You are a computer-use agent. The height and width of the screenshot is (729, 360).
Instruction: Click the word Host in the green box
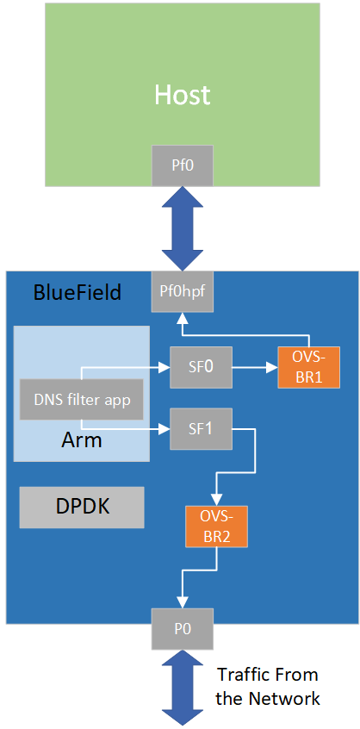pyautogui.click(x=182, y=94)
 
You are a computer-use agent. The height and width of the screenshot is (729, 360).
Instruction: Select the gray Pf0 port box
pyautogui.click(x=182, y=165)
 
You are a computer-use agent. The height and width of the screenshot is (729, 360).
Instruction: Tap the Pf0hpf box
pyautogui.click(x=181, y=292)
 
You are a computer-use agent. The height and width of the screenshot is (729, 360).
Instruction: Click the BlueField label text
pyautogui.click(x=77, y=293)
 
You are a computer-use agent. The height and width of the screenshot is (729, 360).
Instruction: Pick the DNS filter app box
pyautogui.click(x=81, y=399)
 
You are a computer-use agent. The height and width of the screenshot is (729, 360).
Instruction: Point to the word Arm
pyautogui.click(x=82, y=440)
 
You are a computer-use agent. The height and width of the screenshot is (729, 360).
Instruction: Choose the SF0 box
pyautogui.click(x=201, y=366)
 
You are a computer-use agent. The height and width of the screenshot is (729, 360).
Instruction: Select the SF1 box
pyautogui.click(x=201, y=428)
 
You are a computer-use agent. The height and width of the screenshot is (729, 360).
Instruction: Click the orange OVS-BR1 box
pyautogui.click(x=307, y=366)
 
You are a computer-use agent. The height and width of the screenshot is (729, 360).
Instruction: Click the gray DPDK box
pyautogui.click(x=82, y=508)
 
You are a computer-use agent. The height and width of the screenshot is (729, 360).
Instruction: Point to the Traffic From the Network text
pyautogui.click(x=267, y=686)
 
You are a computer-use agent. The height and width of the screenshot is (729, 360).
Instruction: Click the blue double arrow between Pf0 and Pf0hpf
pyautogui.click(x=182, y=228)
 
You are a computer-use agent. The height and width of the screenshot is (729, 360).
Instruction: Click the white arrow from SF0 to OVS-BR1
pyautogui.click(x=254, y=366)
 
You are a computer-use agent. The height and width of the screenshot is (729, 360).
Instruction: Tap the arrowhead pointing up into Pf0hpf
pyautogui.click(x=181, y=317)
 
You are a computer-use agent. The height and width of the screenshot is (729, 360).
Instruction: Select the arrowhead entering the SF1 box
pyautogui.click(x=164, y=428)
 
